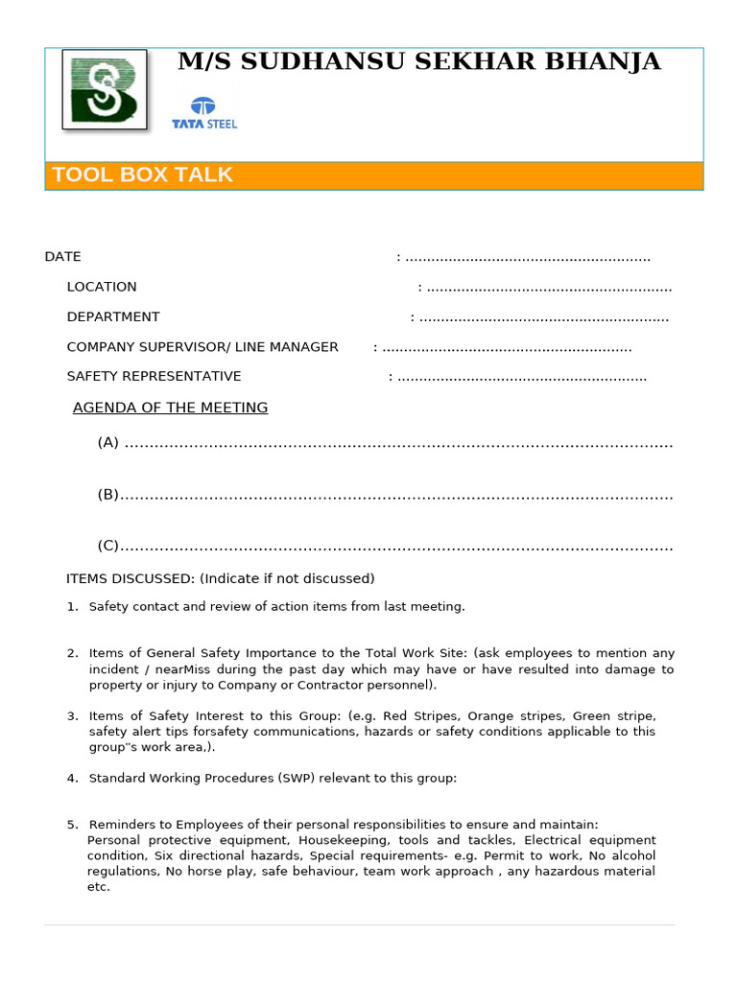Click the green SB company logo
[105, 89]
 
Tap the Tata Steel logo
[203, 113]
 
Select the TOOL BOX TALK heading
[142, 175]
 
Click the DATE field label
[62, 257]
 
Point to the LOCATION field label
[102, 287]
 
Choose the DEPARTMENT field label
[113, 316]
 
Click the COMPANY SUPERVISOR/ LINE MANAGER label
[202, 346]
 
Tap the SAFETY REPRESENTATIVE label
[154, 376]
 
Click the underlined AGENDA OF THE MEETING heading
[171, 408]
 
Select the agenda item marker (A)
[107, 442]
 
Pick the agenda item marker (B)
[107, 494]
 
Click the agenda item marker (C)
[107, 546]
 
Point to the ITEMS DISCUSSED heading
[131, 578]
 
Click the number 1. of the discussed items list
[72, 606]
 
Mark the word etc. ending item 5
[98, 887]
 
